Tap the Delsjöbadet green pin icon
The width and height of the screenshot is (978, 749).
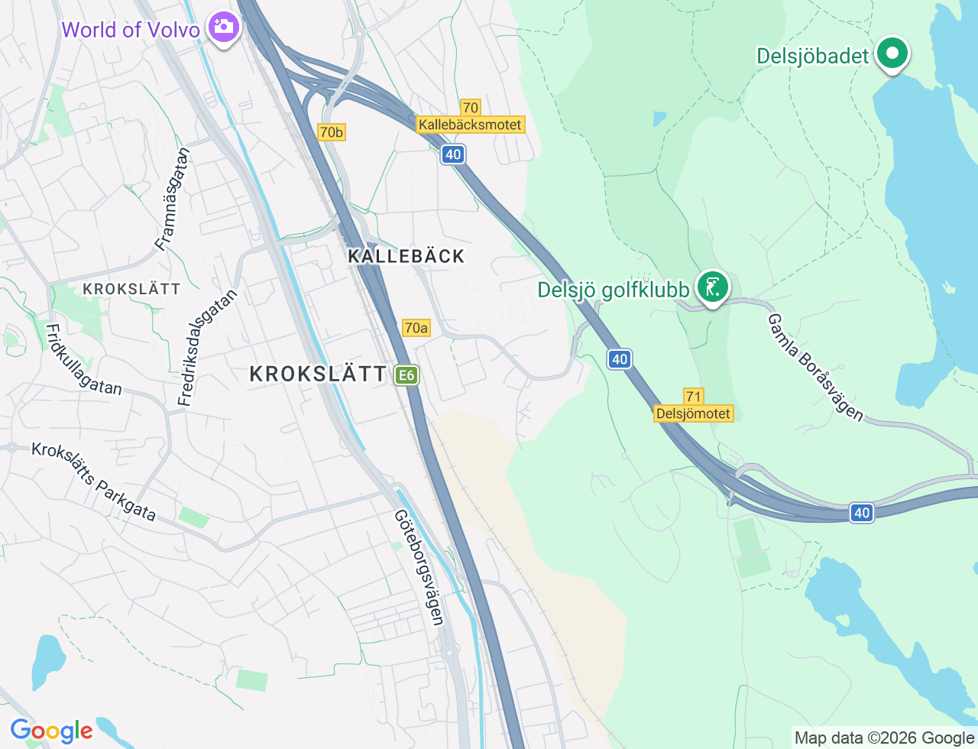892,54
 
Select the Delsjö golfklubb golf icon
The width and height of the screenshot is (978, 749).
713,288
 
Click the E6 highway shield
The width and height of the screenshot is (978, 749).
406,375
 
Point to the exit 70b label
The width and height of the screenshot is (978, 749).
332,132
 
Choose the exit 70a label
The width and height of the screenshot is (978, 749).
416,328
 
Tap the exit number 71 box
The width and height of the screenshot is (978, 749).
693,396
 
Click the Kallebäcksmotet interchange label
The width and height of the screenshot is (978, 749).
470,125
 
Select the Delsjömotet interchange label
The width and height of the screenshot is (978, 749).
694,413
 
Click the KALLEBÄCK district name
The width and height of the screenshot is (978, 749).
406,256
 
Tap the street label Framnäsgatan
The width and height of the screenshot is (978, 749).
172,199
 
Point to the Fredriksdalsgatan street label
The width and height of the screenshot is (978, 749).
207,347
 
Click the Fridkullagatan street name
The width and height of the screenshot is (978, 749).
83,360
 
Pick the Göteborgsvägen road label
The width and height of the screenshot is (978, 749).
419,567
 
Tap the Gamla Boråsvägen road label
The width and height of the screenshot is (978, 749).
815,368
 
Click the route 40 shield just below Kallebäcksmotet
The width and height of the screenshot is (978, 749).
453,154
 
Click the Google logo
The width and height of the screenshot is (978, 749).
51,731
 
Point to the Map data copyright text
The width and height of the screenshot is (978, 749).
884,738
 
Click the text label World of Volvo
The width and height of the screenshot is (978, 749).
131,30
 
